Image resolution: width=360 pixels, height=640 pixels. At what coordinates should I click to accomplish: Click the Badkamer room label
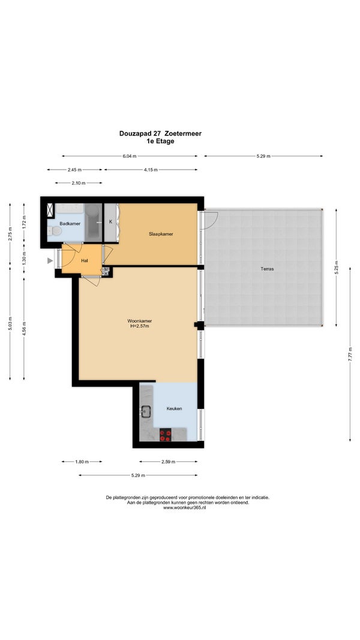(70, 224)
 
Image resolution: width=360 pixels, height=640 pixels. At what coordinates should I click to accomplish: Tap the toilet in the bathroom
(54, 231)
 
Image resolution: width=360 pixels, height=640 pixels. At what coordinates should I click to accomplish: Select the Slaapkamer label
(161, 234)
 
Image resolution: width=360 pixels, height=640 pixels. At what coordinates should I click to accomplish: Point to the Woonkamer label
(140, 320)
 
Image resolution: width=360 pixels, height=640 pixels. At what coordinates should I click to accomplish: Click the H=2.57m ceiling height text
(140, 326)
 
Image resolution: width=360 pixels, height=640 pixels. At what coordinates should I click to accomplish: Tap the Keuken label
(174, 408)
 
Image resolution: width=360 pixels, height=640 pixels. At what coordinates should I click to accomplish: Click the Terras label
(268, 269)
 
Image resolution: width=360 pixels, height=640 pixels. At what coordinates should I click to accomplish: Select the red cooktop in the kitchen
(166, 435)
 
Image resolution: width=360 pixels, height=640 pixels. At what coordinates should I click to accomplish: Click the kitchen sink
(146, 411)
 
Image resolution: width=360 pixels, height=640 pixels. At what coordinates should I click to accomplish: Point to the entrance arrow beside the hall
(50, 260)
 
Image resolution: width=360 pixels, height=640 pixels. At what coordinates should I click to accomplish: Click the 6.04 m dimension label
(130, 156)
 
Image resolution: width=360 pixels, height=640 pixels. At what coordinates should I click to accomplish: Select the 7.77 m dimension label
(350, 354)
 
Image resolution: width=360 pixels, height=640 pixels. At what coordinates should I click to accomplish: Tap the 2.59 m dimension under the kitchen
(168, 462)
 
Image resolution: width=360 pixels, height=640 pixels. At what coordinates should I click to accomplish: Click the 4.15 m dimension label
(151, 170)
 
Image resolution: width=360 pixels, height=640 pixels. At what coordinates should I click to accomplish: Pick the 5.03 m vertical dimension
(10, 324)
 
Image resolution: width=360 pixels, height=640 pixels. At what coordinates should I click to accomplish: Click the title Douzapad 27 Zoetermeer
(160, 133)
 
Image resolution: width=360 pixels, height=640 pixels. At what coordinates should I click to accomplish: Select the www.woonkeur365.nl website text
(184, 508)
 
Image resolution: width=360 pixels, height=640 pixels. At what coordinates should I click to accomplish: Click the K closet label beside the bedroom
(110, 222)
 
